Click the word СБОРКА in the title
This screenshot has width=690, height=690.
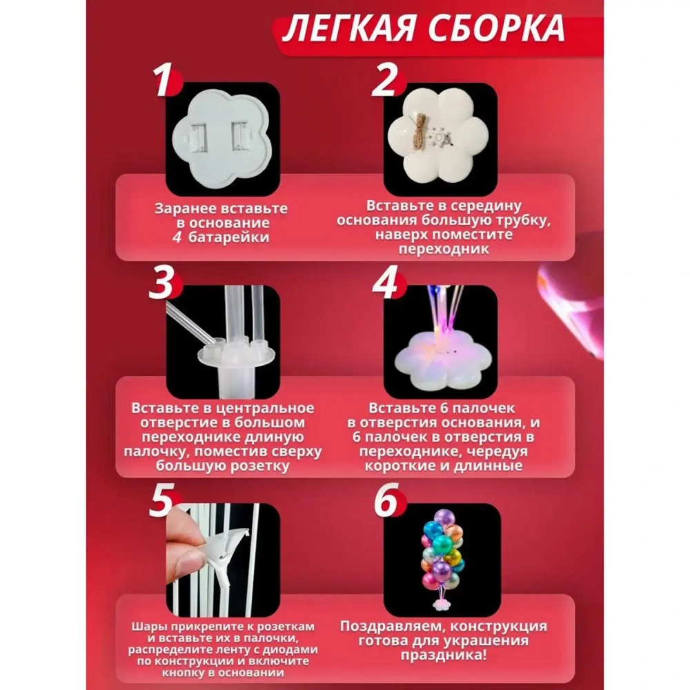[x=493, y=30]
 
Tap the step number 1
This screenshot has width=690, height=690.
[x=163, y=83]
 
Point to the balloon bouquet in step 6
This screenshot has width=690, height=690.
[x=442, y=552]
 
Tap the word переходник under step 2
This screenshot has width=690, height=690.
[x=444, y=249]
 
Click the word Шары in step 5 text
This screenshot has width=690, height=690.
[x=146, y=625]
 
